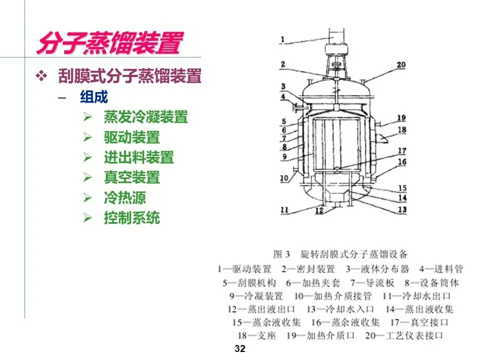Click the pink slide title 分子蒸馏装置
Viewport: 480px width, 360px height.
tap(110, 43)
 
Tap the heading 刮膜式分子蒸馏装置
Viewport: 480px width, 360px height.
tap(130, 76)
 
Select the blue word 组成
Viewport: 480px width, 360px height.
tap(94, 97)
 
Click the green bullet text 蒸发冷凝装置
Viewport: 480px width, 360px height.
tap(145, 117)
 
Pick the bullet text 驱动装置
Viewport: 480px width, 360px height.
tap(132, 137)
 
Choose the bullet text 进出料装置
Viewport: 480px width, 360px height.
tap(139, 157)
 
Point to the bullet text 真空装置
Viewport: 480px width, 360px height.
tap(132, 177)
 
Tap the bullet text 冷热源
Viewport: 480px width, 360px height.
tap(125, 198)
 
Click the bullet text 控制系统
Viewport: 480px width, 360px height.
tap(132, 218)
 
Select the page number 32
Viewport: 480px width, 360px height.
tap(240, 348)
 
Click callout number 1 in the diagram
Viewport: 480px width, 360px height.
tap(282, 39)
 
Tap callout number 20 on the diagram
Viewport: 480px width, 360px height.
tap(401, 65)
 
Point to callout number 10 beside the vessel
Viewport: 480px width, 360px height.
tap(284, 178)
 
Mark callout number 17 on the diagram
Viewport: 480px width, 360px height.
tap(402, 150)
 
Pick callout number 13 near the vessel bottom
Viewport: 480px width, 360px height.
tap(402, 209)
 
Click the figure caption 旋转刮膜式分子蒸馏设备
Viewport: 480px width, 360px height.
tap(354, 254)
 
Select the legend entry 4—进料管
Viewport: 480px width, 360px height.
tap(441, 269)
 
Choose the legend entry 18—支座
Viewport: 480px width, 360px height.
tap(257, 335)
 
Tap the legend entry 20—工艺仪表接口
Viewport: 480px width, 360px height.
tap(404, 335)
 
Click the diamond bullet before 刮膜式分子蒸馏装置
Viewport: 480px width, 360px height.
tap(41, 76)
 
